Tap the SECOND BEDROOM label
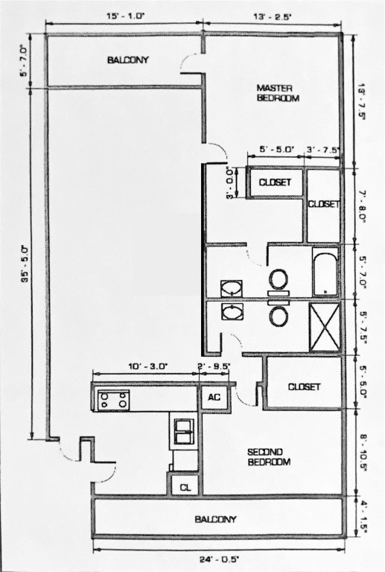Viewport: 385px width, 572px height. (268, 457)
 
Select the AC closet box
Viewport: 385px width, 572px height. (214, 397)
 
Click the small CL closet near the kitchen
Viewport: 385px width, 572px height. (184, 487)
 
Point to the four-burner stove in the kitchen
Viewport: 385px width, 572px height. (114, 400)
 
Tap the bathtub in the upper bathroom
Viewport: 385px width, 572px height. (325, 271)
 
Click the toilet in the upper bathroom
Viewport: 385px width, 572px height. (279, 279)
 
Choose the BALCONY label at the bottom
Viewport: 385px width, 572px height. (215, 519)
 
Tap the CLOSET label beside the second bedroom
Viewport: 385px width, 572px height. (303, 387)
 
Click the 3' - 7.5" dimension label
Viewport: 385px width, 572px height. (323, 149)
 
